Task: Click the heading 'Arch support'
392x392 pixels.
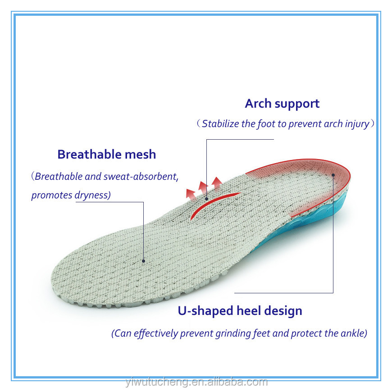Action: click(282, 104)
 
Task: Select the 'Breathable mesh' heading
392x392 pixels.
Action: click(106, 155)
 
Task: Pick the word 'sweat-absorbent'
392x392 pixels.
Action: click(141, 177)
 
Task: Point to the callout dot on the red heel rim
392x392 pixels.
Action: click(333, 175)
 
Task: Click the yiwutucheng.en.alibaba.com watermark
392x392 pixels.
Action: click(196, 383)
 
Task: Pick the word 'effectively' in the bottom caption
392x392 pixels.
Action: click(155, 333)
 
